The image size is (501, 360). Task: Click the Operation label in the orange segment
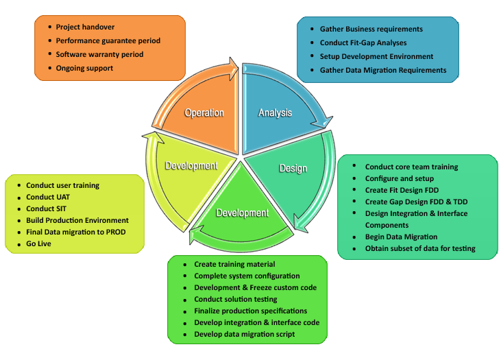[204, 112]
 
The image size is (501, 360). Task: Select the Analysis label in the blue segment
[275, 112]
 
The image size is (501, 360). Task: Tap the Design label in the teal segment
[293, 168]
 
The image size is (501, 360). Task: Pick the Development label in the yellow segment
[191, 165]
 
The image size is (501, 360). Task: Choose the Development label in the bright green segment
[242, 213]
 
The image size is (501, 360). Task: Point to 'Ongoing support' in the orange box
[84, 68]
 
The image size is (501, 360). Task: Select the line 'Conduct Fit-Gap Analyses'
[364, 43]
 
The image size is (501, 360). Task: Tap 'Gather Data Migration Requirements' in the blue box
[382, 70]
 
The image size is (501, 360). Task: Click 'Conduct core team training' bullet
[411, 167]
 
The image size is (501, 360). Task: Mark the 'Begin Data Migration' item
[401, 237]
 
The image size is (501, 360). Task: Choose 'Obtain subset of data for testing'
[420, 248]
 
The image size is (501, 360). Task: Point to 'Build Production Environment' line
[77, 220]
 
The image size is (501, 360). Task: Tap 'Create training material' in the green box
[234, 264]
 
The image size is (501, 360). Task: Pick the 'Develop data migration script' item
[245, 334]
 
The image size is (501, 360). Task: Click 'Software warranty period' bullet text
[99, 54]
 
